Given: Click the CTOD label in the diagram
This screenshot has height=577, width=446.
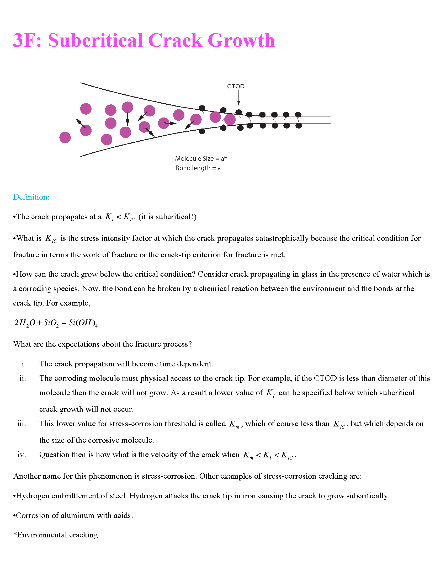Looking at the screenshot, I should click(236, 86).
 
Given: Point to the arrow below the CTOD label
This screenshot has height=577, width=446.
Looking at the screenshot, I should click(238, 98).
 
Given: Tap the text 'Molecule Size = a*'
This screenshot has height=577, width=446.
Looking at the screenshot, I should click(201, 158).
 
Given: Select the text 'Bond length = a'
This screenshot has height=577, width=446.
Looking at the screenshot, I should click(198, 168).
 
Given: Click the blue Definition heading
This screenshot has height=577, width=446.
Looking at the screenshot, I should click(31, 197).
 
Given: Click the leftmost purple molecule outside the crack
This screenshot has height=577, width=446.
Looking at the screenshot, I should click(65, 137).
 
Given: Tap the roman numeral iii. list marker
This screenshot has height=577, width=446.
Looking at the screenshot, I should click(22, 424).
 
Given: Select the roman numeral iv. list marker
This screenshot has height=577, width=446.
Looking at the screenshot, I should click(22, 455).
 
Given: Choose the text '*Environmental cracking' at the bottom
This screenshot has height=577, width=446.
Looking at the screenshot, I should click(55, 535).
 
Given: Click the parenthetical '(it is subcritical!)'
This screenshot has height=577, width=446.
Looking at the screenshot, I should click(168, 217).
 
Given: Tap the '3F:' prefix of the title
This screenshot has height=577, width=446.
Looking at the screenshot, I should click(27, 40).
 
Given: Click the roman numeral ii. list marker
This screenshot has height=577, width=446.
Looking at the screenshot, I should click(23, 378).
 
